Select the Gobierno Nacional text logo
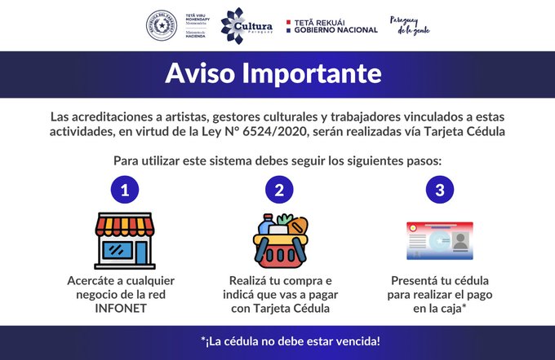pyautogui.click(x=331, y=26)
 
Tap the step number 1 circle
pyautogui.click(x=124, y=191)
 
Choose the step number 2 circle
pyautogui.click(x=279, y=191)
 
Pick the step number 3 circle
pyautogui.click(x=439, y=191)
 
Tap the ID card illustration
pyautogui.click(x=439, y=241)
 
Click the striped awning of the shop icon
pyautogui.click(x=125, y=222)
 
